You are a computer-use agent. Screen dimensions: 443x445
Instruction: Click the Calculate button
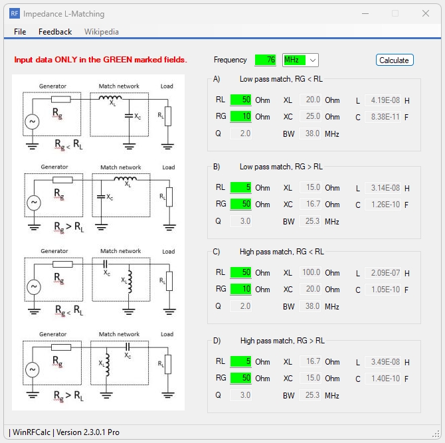click(394, 60)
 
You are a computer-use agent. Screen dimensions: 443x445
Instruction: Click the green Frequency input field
click(265, 60)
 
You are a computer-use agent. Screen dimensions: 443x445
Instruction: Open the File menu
click(20, 31)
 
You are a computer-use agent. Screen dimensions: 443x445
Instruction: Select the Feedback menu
click(55, 31)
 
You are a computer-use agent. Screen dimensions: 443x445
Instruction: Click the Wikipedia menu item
click(102, 31)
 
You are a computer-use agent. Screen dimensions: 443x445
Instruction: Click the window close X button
click(426, 13)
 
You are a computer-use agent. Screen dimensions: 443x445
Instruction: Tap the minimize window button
click(365, 13)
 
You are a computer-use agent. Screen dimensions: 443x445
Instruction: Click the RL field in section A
click(240, 100)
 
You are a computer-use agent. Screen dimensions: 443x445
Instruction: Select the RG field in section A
click(240, 116)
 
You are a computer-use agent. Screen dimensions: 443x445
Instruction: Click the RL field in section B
click(240, 187)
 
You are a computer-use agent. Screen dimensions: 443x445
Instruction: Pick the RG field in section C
click(240, 289)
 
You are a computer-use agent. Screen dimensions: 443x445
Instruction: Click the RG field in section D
click(240, 378)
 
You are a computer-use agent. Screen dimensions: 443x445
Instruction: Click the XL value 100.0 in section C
click(310, 272)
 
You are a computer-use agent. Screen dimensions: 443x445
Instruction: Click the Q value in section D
click(241, 395)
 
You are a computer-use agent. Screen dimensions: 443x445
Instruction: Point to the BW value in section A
click(310, 133)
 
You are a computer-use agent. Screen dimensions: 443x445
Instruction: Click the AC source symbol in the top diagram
click(31, 122)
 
